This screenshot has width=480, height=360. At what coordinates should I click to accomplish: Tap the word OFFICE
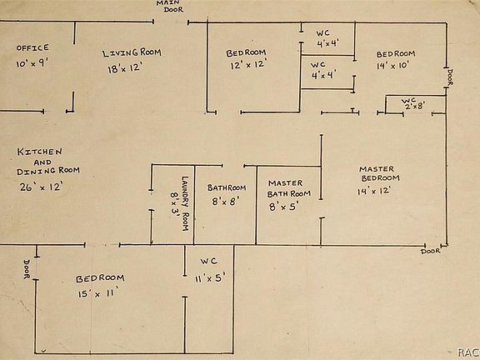pos(32,47)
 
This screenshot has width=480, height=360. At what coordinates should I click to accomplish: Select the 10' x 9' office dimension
pos(32,63)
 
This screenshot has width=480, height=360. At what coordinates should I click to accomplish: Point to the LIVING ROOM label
pos(132,53)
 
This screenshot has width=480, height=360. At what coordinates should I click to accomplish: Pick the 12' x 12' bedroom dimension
pos(248,65)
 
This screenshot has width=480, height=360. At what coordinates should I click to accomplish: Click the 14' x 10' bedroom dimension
pos(392,65)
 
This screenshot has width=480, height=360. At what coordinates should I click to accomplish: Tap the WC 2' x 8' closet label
pos(413,103)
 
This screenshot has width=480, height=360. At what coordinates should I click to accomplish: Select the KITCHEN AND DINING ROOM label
pos(48,162)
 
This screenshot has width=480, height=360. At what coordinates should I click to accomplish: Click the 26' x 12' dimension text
pos(42,187)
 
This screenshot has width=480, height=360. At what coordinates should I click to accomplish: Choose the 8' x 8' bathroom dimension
pos(226,201)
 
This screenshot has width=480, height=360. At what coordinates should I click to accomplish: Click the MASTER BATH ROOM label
pos(288,188)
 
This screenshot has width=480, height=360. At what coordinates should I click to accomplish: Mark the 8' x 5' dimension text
pos(284,207)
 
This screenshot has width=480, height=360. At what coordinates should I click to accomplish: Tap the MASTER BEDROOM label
pos(380,173)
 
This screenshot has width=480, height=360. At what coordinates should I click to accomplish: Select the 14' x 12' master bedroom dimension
pos(374,191)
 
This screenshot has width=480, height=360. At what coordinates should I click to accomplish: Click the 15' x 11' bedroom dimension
pos(98,293)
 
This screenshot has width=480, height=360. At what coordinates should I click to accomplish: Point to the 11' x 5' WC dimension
pos(210,278)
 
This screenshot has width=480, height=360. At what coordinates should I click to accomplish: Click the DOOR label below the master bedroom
pos(431,252)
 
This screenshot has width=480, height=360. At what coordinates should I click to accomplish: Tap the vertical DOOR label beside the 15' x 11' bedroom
pos(27,269)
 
